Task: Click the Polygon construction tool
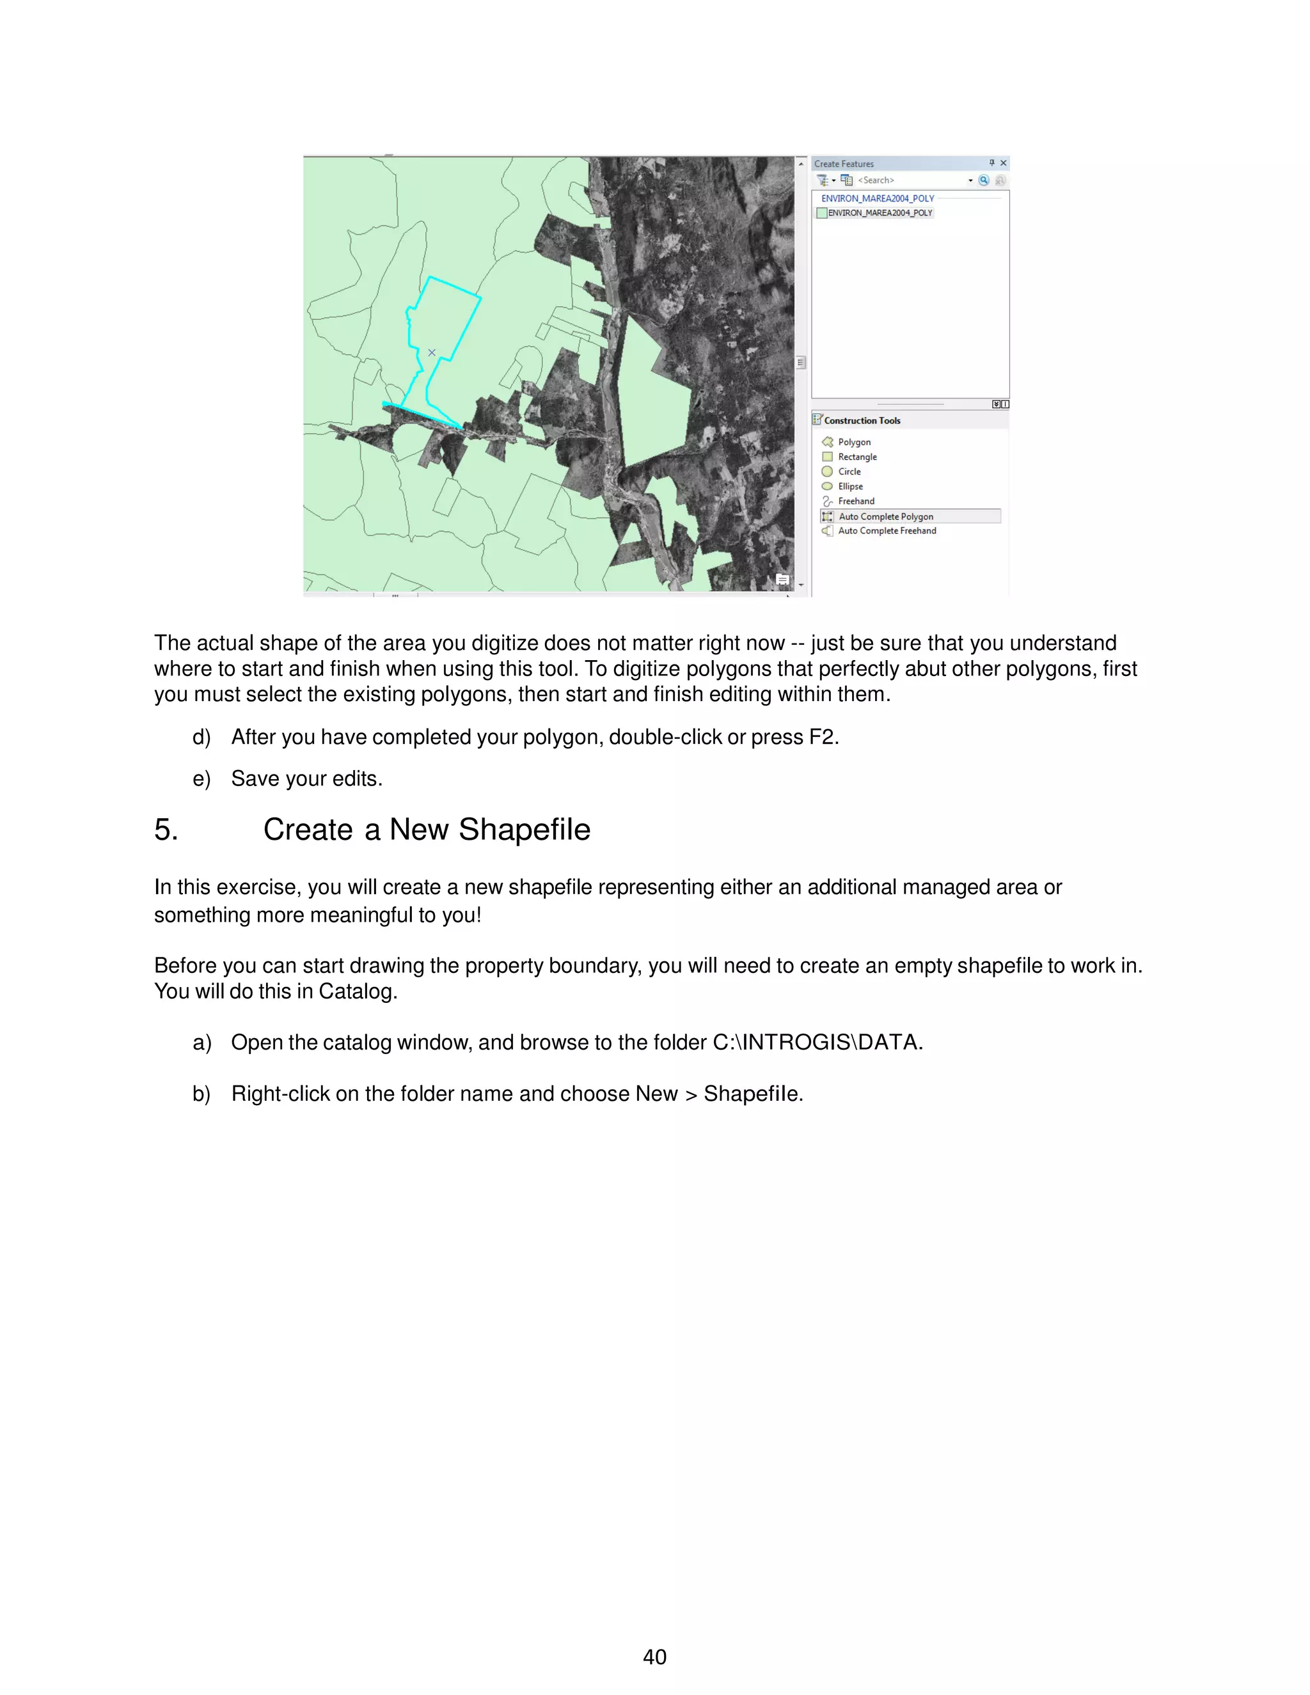[854, 443]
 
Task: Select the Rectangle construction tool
[856, 457]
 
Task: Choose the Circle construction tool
[849, 472]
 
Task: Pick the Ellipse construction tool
[850, 487]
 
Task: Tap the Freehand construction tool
[855, 501]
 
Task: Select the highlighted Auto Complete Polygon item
[885, 517]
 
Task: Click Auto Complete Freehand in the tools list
[887, 531]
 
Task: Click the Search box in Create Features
[908, 180]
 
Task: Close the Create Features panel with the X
[1004, 163]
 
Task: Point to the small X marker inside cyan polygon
[432, 352]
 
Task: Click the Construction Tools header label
[862, 421]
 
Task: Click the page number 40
[654, 1657]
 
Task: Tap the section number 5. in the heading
[165, 830]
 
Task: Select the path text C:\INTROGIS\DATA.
[816, 1043]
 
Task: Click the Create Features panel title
[844, 164]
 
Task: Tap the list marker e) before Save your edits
[201, 779]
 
